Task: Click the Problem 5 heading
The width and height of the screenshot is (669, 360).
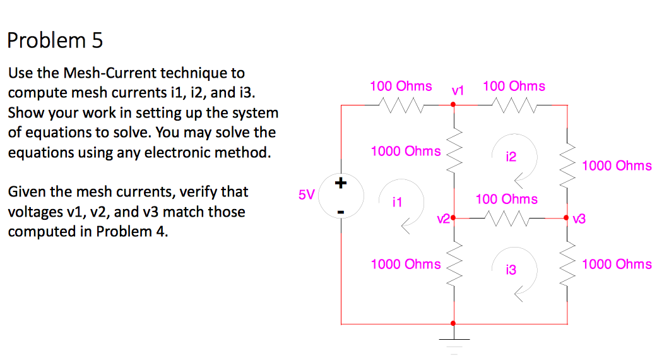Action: tap(55, 40)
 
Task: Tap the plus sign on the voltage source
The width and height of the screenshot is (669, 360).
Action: tap(341, 184)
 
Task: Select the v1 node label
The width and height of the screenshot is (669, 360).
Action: tap(458, 90)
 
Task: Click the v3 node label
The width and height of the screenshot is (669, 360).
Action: tap(579, 219)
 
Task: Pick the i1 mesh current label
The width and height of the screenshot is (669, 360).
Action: tap(396, 203)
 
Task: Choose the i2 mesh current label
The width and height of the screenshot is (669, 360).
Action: tap(511, 157)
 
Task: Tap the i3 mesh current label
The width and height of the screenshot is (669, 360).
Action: tap(511, 270)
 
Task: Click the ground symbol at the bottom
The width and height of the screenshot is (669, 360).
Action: tap(453, 341)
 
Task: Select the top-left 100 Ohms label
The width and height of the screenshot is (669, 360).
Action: tap(401, 86)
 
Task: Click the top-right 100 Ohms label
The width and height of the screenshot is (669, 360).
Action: tap(514, 86)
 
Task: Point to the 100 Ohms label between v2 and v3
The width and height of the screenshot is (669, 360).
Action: tap(507, 199)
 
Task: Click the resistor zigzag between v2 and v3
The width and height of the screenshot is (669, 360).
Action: tap(507, 219)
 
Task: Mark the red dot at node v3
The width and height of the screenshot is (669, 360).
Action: tap(567, 219)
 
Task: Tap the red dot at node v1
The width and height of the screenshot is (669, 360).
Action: tap(453, 105)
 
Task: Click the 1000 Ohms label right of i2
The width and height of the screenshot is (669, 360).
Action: tap(617, 165)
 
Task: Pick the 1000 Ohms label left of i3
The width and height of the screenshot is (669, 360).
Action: tap(406, 264)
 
